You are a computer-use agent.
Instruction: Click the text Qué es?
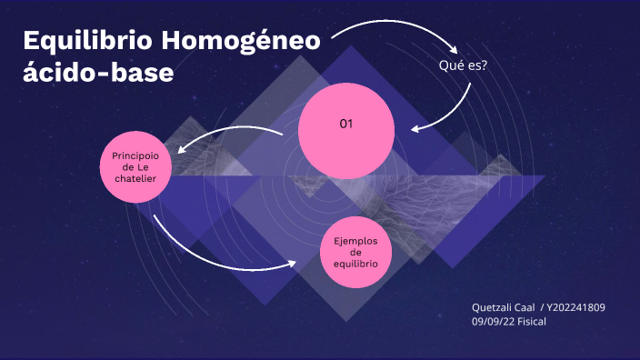click(x=462, y=65)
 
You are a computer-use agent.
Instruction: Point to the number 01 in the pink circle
click(x=346, y=123)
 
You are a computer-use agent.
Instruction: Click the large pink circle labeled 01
click(x=346, y=145)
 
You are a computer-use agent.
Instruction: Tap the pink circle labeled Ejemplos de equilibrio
click(x=355, y=252)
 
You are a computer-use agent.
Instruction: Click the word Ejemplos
click(x=355, y=240)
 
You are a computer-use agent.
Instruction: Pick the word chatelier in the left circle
click(x=135, y=179)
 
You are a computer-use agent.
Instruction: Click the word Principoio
click(x=135, y=155)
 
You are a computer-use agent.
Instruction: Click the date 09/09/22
click(x=492, y=321)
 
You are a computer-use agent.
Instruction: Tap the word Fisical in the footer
click(x=531, y=321)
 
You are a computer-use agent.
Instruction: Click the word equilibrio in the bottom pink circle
click(x=355, y=264)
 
